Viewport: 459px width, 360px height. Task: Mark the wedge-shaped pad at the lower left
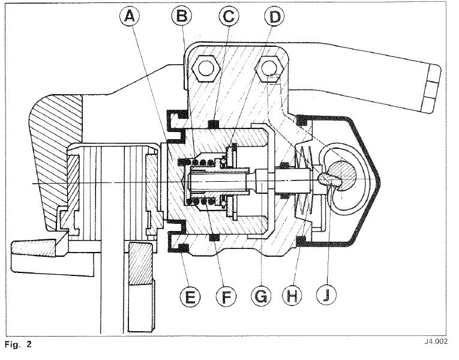(x=33, y=247)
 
